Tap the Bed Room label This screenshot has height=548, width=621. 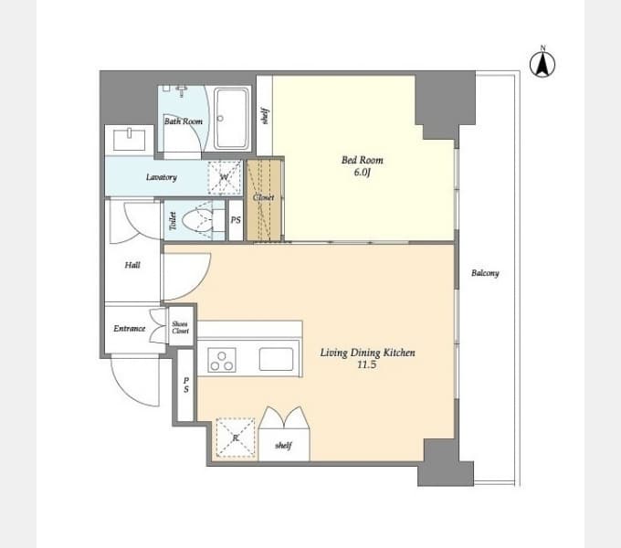click(x=362, y=161)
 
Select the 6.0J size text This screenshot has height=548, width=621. click(x=362, y=173)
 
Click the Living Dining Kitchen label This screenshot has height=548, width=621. click(x=367, y=353)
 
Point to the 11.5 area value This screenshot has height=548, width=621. click(x=367, y=364)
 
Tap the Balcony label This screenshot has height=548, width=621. click(x=485, y=273)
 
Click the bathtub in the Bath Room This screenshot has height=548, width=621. click(x=233, y=119)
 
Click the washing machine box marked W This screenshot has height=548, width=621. click(x=225, y=177)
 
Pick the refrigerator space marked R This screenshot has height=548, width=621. click(x=236, y=437)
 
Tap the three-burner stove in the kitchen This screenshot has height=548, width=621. click(x=222, y=360)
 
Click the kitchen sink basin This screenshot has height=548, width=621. click(x=277, y=359)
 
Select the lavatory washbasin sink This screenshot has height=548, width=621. click(x=129, y=140)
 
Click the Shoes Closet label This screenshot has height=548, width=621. click(x=180, y=328)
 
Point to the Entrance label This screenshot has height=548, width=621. click(x=129, y=328)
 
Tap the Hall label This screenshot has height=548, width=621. click(x=132, y=265)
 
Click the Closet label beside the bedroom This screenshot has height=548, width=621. click(x=263, y=197)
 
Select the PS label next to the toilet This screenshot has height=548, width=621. click(x=236, y=220)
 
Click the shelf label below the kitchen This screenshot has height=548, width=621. click(x=284, y=446)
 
